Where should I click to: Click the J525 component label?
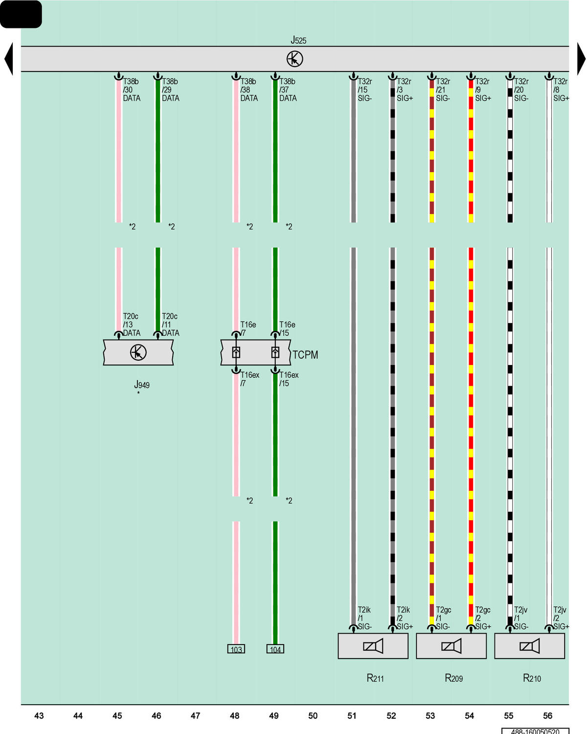click(298, 40)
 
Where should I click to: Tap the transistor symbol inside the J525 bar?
click(294, 59)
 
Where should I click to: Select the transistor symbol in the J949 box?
click(138, 352)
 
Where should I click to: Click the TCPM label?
click(305, 355)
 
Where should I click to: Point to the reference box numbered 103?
click(236, 649)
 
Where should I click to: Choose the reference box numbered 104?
click(275, 649)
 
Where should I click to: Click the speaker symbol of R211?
click(373, 646)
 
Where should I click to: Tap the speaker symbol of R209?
click(451, 646)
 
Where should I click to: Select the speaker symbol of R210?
click(529, 646)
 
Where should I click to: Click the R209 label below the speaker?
click(453, 678)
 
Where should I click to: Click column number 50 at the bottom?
click(313, 715)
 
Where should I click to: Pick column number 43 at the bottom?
click(39, 715)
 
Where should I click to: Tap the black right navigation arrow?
click(581, 59)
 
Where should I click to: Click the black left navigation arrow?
click(8, 59)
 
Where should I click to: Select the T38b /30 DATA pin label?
click(131, 90)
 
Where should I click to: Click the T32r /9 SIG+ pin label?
click(483, 90)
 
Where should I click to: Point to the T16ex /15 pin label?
click(289, 379)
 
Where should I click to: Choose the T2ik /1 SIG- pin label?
click(364, 618)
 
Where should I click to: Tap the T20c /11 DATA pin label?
click(170, 324)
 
